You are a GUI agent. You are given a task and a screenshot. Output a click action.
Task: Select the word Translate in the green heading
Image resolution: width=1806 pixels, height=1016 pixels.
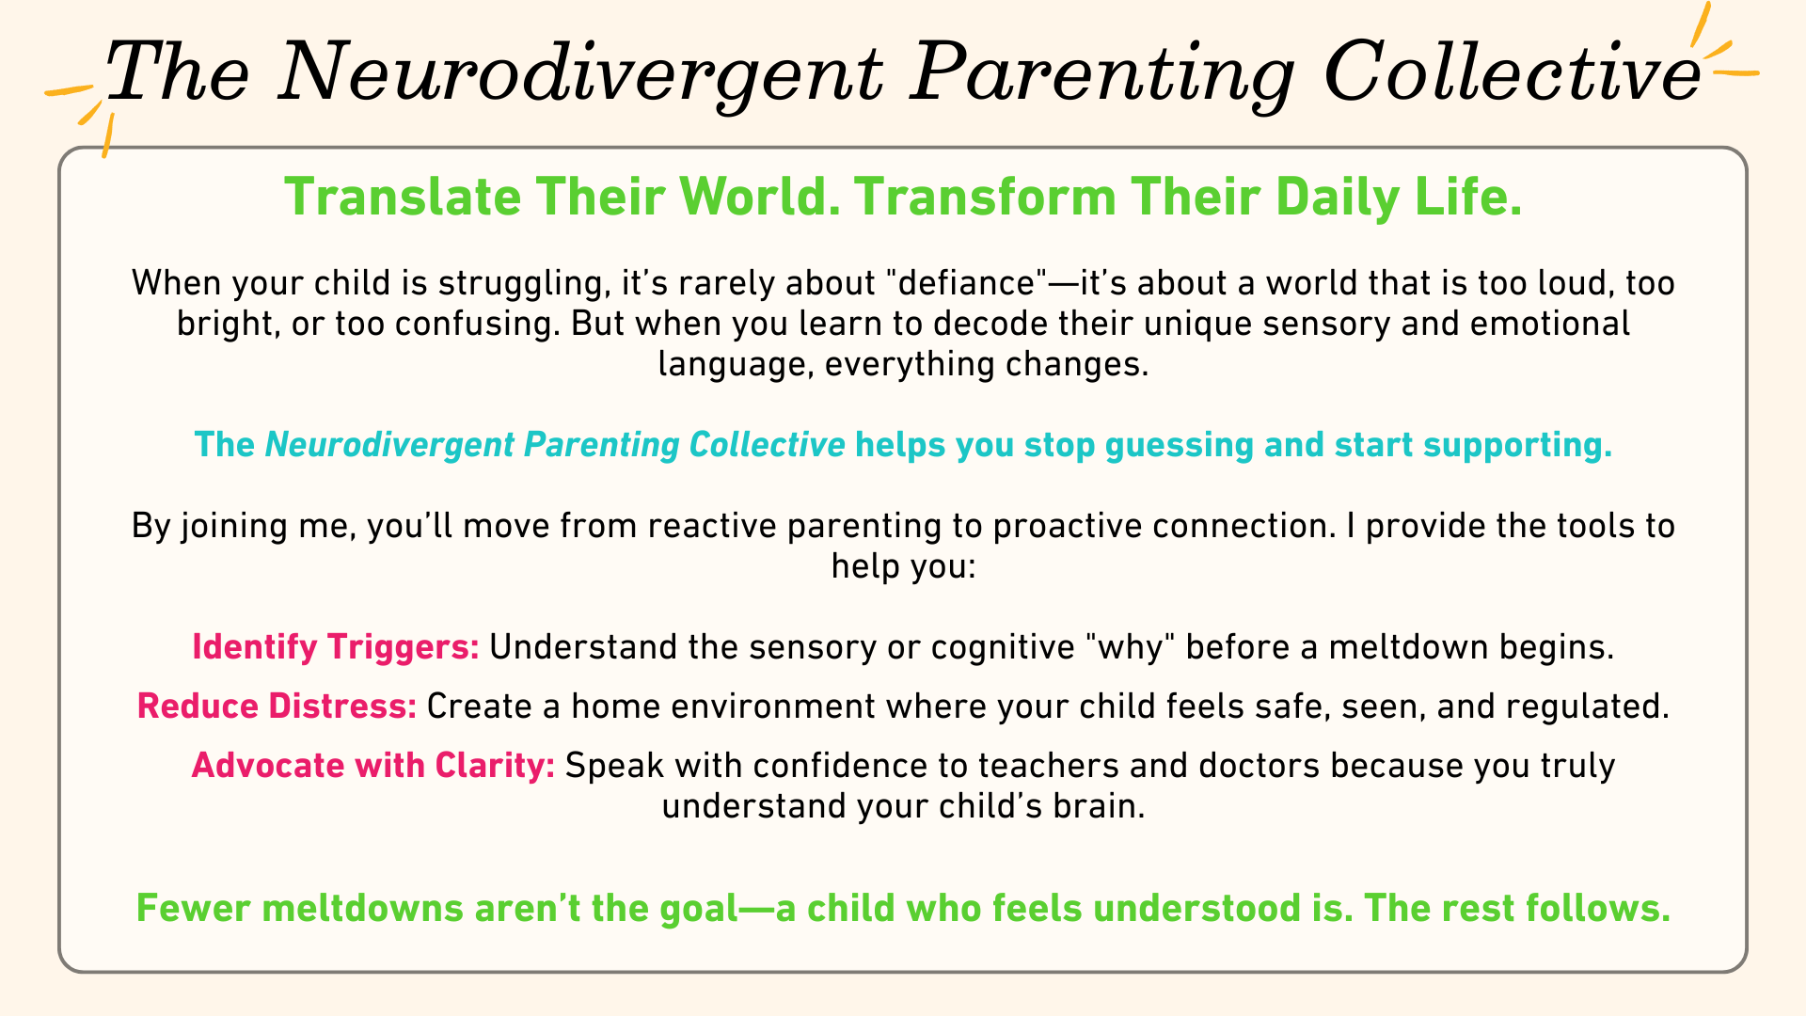pyautogui.click(x=403, y=198)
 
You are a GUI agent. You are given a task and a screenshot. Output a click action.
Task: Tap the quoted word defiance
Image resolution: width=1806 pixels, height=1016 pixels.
pyautogui.click(x=961, y=283)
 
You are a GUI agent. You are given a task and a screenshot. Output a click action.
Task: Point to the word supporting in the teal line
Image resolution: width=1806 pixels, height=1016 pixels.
pyautogui.click(x=1517, y=445)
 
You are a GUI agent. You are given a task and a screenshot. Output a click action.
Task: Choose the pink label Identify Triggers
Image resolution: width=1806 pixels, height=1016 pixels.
pyautogui.click(x=336, y=647)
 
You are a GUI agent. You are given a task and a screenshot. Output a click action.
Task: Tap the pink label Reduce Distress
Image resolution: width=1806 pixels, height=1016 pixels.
pyautogui.click(x=277, y=706)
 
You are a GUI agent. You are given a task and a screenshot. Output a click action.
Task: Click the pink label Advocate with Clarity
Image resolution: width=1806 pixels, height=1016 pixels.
pyautogui.click(x=373, y=766)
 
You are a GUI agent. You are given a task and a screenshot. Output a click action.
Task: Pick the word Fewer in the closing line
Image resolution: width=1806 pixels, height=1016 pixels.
pyautogui.click(x=195, y=909)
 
